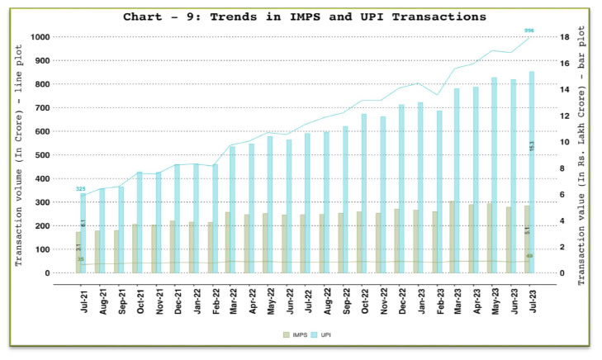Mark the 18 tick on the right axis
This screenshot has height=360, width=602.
pos(561,37)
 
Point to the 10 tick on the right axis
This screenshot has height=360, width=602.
pos(561,142)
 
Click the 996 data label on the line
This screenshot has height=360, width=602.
pos(529,31)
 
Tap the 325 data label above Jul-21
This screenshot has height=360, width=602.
pos(81,189)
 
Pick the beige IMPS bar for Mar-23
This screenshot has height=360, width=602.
pos(453,237)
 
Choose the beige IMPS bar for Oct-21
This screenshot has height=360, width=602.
pos(135,248)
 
